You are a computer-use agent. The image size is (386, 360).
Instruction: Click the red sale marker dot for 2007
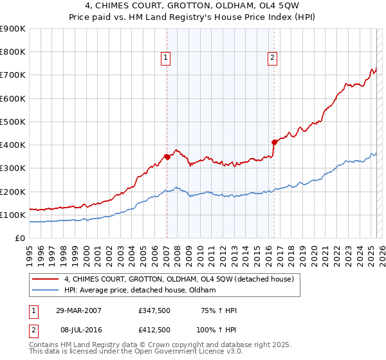(x=167, y=156)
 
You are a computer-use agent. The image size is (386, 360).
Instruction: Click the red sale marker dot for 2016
(x=274, y=141)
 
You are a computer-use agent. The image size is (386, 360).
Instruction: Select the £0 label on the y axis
(x=21, y=238)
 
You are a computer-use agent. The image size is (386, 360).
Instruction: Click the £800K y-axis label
(x=13, y=51)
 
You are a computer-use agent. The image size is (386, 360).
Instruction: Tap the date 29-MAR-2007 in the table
(x=78, y=310)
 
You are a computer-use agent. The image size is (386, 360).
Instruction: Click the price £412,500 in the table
(x=154, y=330)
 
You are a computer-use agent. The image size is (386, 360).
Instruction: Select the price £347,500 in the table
(x=154, y=310)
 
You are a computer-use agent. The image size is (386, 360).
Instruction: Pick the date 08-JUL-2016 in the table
(x=78, y=330)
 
